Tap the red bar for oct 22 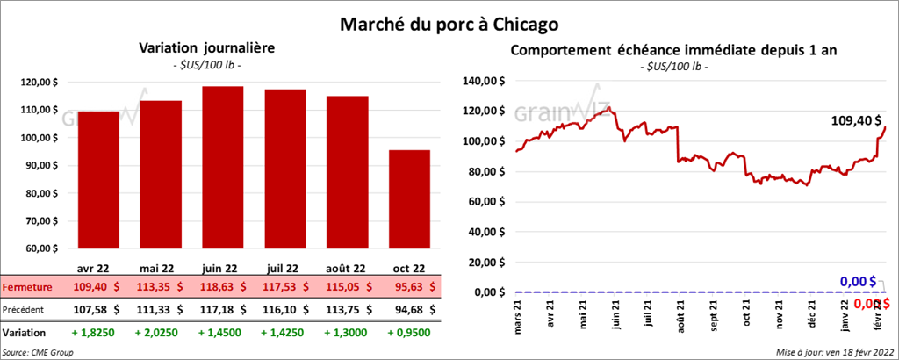pos(409,198)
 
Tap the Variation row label pos(25,334)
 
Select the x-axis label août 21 pos(681,315)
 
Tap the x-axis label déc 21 pos(811,315)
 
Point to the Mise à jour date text pos(834,352)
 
